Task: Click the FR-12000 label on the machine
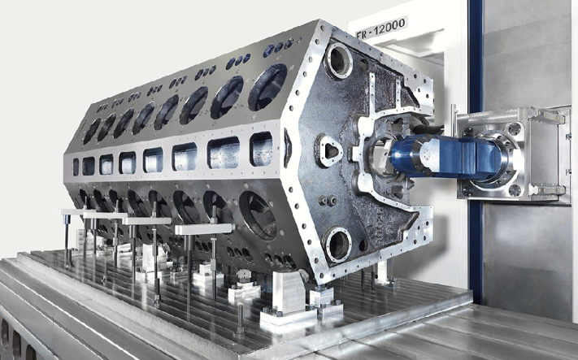tap(381, 28)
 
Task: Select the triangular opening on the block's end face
tap(330, 151)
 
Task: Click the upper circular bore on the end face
tap(338, 60)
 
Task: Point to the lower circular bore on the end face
tap(337, 245)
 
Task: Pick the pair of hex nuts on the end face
tap(328, 201)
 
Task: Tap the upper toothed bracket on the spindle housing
tap(545, 117)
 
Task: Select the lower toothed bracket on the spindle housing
tap(545, 190)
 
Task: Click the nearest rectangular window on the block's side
tap(261, 148)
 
